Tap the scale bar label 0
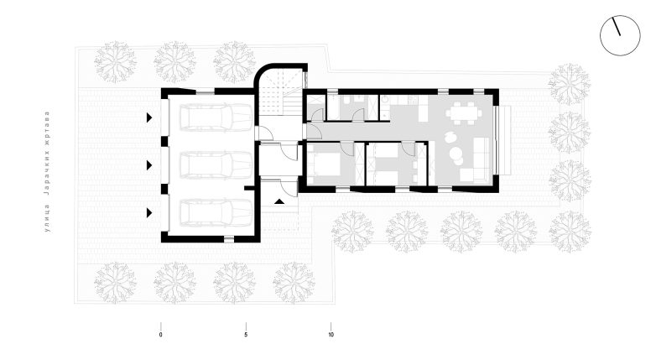[x=161, y=335]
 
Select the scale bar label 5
[x=246, y=335]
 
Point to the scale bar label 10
[x=331, y=335]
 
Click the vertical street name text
[x=47, y=171]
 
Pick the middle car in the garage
[x=216, y=165]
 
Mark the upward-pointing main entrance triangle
[x=279, y=201]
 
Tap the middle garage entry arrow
[x=149, y=165]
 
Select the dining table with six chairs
[x=462, y=112]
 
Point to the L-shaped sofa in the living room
[x=476, y=160]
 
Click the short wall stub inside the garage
[x=250, y=188]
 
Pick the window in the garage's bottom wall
[x=229, y=239]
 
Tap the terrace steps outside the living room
[x=505, y=140]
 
